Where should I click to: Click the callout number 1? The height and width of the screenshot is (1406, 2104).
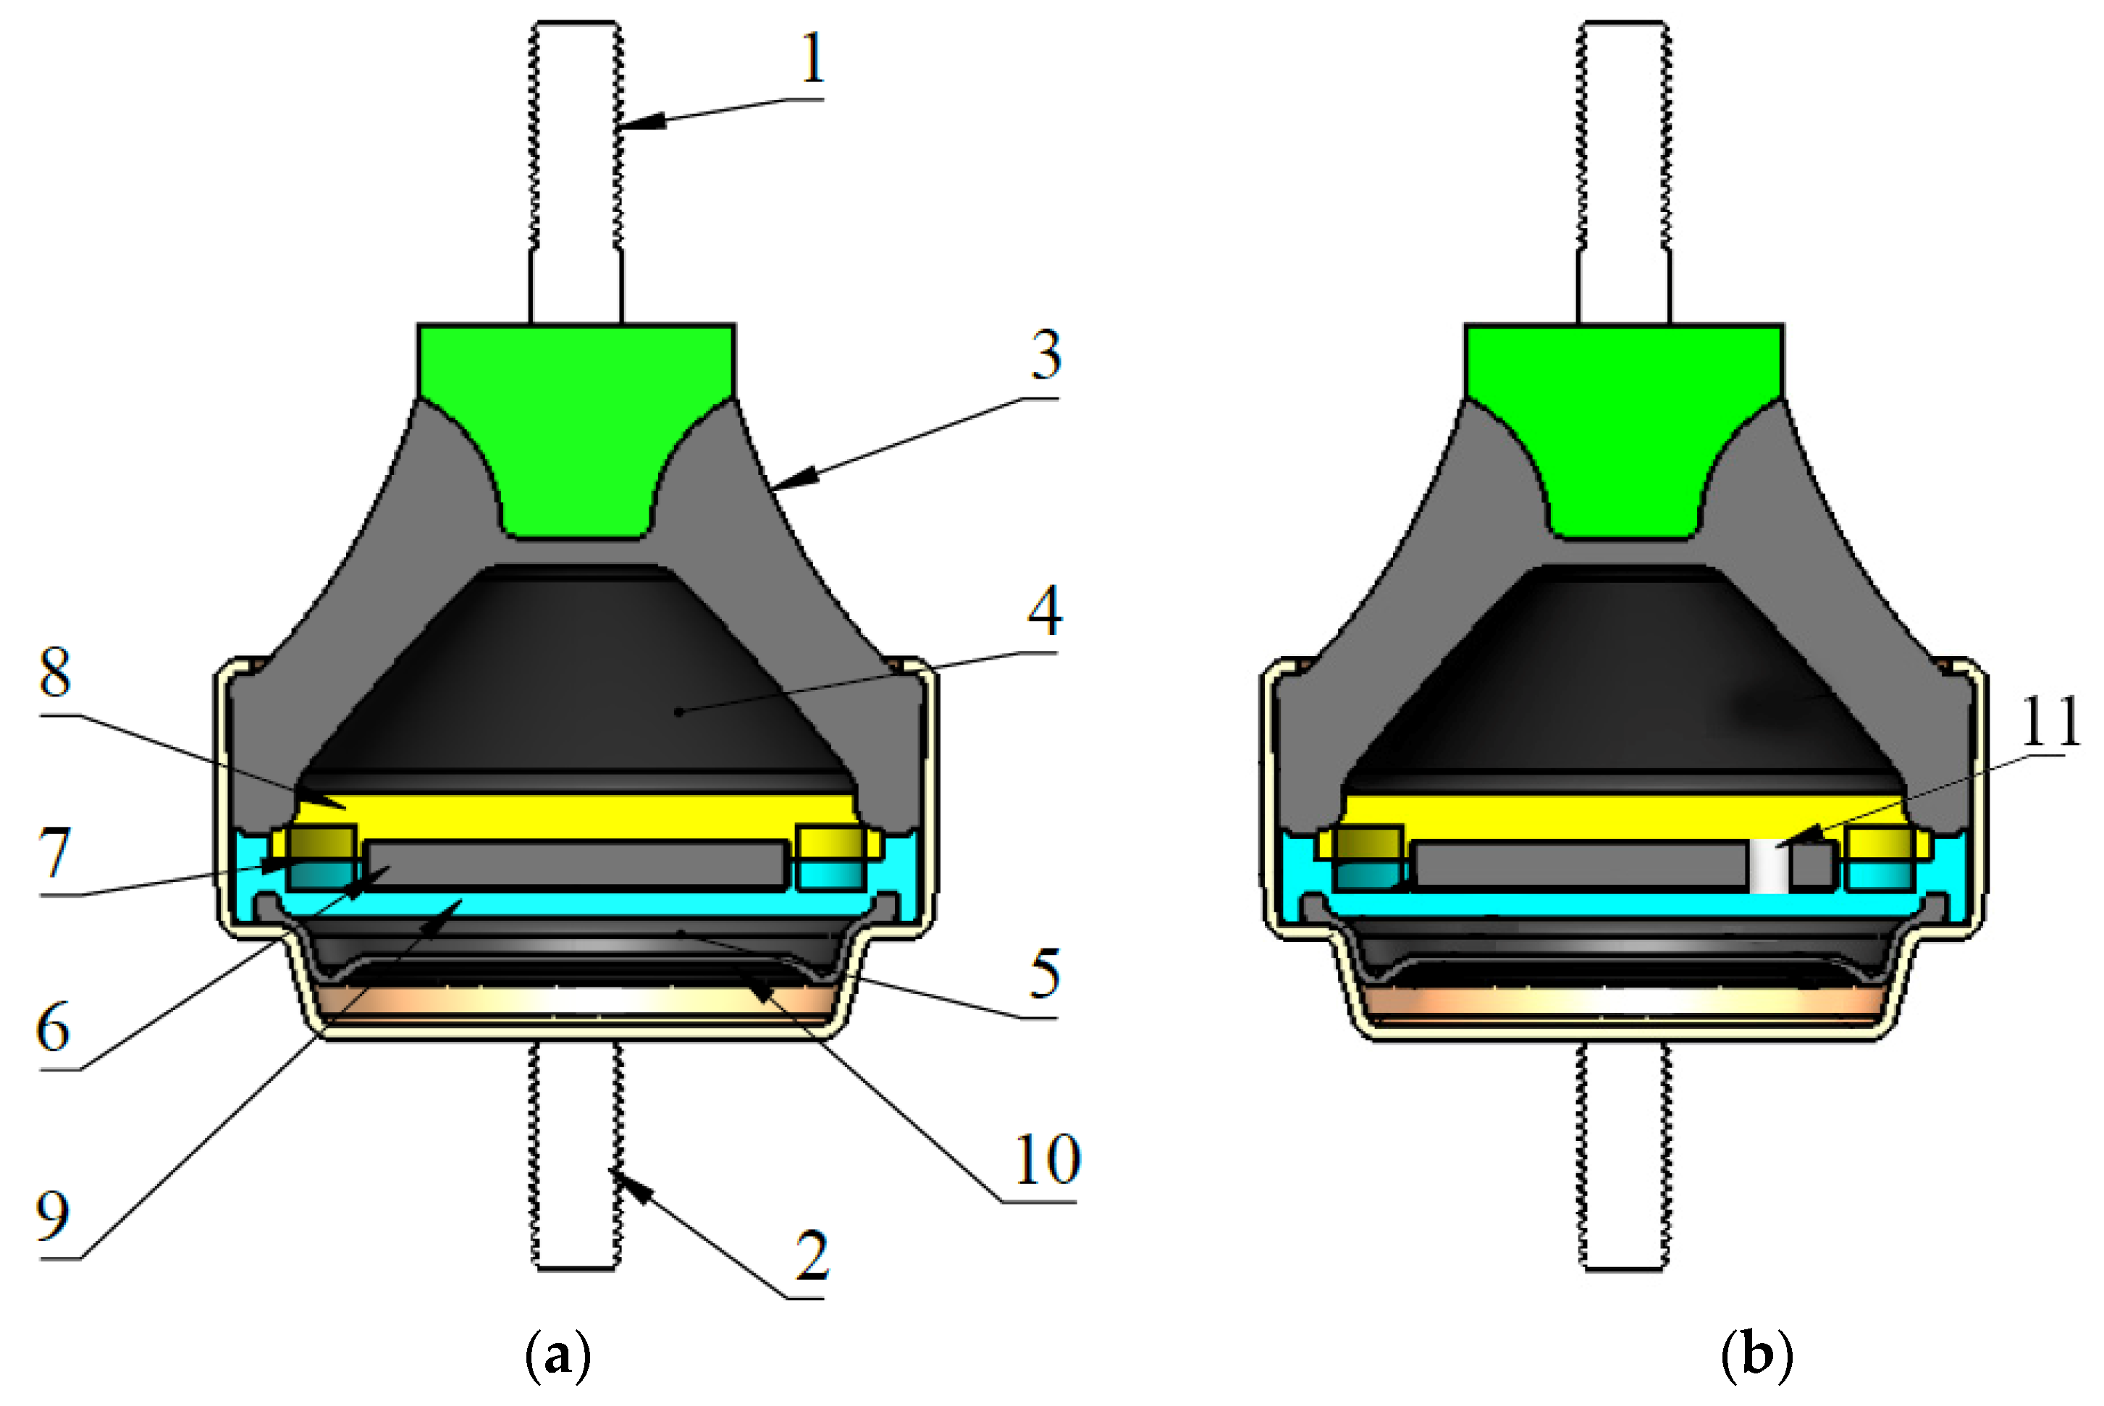[812, 59]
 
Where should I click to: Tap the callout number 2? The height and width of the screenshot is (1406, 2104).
[812, 1256]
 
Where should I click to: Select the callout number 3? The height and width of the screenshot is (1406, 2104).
[1046, 355]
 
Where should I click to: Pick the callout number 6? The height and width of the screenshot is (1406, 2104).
[54, 1027]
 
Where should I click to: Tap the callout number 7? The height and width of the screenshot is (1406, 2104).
[54, 854]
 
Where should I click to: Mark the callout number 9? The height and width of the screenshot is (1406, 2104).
[53, 1216]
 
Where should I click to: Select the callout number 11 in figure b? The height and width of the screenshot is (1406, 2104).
[2049, 722]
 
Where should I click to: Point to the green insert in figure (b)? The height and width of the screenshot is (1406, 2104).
[1623, 421]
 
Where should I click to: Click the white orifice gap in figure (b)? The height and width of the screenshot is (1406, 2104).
[1769, 866]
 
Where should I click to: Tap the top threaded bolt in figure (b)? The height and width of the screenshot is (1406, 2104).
[1623, 170]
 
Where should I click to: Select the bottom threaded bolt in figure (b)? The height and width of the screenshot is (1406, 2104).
[1623, 1157]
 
